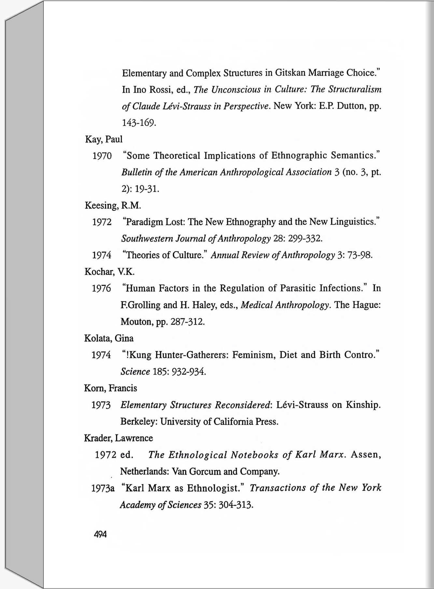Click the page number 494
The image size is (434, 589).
click(100, 534)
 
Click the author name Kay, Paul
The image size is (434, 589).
click(104, 139)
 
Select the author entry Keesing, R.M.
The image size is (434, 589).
click(113, 205)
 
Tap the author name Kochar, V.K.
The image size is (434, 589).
click(109, 272)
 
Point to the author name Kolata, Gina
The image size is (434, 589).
click(109, 338)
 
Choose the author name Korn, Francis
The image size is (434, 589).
click(110, 388)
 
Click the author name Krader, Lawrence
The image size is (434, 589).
click(119, 438)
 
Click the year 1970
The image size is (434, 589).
click(102, 156)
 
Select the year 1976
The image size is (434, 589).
click(101, 289)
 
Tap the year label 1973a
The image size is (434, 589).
click(103, 488)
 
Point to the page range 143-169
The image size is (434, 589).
click(139, 123)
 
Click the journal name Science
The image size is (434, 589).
click(135, 371)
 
